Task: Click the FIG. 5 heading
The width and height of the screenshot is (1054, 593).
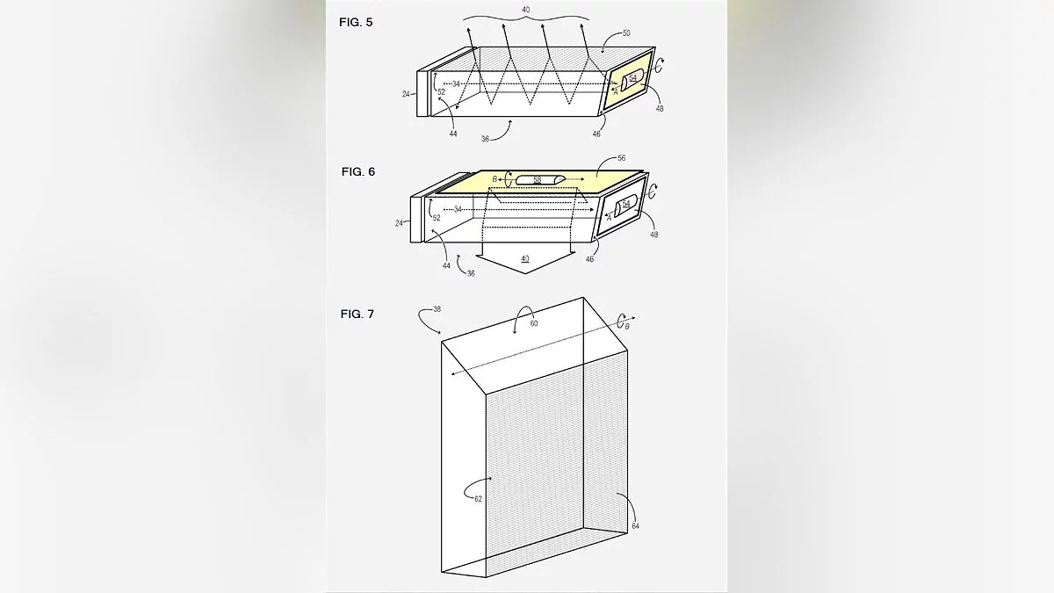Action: click(356, 22)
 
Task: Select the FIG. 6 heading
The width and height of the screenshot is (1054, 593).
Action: click(358, 172)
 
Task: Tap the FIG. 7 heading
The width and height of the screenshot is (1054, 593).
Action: click(357, 314)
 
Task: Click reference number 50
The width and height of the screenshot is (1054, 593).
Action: click(625, 33)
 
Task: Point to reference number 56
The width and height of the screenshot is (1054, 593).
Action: click(621, 158)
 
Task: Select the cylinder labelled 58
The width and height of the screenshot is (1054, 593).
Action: click(540, 179)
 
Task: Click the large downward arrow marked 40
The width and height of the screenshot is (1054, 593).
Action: click(525, 262)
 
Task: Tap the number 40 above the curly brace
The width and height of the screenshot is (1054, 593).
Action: click(525, 10)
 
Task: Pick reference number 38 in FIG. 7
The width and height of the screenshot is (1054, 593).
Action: click(437, 309)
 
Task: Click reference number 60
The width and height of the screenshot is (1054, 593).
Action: click(534, 324)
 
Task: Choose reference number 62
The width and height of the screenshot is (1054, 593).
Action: click(478, 499)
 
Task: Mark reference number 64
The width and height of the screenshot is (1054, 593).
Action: click(635, 525)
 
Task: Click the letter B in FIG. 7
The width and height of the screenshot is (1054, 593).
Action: click(627, 326)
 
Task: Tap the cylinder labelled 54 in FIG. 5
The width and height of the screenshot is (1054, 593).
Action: click(632, 80)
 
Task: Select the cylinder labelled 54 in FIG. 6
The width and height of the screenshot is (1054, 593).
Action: click(625, 206)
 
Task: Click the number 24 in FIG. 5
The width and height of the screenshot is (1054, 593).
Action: click(406, 94)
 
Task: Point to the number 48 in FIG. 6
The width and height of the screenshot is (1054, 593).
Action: click(653, 235)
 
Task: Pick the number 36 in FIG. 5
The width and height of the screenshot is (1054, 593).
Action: click(485, 139)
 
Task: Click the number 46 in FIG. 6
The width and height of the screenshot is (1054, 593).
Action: click(589, 259)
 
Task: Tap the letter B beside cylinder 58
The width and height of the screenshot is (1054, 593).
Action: click(495, 179)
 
